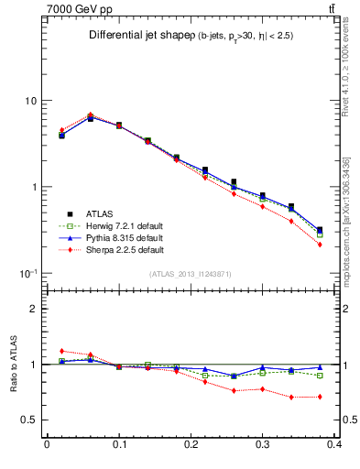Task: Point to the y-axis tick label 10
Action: [30, 100]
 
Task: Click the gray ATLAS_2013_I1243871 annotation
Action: [191, 274]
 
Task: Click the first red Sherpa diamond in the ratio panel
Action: [61, 351]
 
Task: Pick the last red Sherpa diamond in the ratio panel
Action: [320, 397]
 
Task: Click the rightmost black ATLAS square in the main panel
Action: [320, 230]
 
